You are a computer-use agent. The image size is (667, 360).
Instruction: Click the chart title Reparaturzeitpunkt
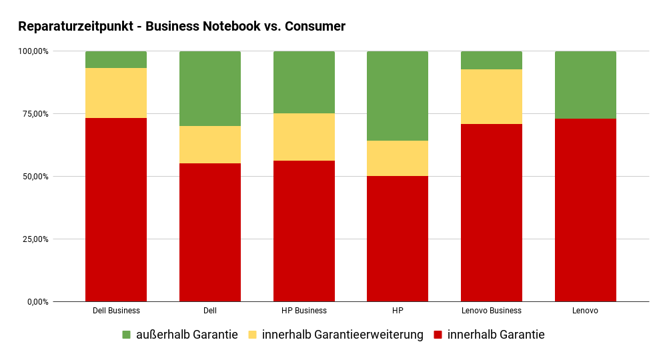(x=181, y=27)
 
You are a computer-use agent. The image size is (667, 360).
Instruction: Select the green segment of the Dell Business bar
(x=116, y=59)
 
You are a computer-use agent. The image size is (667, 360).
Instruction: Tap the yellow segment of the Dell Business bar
(x=116, y=93)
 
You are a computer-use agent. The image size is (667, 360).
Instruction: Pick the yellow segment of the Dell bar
(x=210, y=145)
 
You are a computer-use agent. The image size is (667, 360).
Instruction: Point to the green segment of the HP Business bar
(x=304, y=82)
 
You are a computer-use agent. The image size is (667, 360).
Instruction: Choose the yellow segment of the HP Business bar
(x=304, y=137)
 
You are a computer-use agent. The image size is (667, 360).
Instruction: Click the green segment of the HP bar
(x=398, y=96)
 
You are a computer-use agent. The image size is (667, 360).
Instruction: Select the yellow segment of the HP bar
(x=398, y=158)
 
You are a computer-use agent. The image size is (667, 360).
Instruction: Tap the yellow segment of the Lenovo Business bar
(x=492, y=97)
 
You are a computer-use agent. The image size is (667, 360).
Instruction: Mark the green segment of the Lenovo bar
(x=586, y=85)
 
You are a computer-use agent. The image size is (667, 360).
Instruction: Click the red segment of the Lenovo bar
(x=586, y=210)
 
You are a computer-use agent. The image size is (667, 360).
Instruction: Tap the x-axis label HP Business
(x=304, y=311)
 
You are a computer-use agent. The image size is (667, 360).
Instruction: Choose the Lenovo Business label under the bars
(x=492, y=311)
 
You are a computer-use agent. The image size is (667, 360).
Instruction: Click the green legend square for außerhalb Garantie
(x=127, y=335)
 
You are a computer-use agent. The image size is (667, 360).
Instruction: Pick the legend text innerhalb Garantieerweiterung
(x=343, y=335)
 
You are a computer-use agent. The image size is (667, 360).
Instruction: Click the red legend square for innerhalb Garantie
(x=438, y=335)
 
